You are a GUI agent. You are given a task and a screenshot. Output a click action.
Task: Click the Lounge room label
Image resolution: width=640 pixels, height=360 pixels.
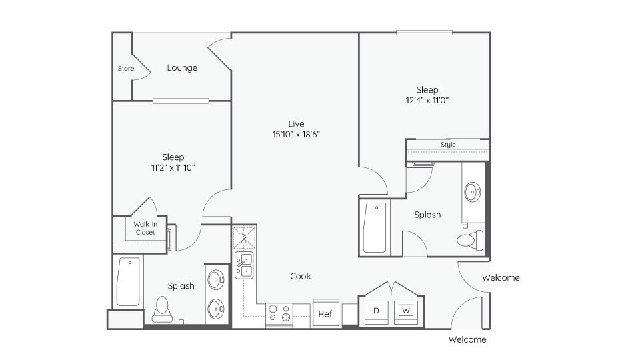182,68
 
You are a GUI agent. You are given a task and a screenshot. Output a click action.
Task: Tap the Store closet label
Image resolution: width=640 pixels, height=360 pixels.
126,69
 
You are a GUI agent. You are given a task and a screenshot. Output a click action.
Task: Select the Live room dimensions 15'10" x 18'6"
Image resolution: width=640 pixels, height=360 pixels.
296,134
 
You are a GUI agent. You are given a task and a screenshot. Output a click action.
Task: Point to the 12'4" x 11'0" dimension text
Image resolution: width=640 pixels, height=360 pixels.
427,101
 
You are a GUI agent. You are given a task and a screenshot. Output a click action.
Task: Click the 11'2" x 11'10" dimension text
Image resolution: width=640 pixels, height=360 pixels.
173,168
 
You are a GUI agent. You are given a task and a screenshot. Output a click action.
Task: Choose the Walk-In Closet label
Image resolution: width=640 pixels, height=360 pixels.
145,228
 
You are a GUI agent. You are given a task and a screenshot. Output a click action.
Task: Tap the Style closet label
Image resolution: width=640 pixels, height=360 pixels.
448,145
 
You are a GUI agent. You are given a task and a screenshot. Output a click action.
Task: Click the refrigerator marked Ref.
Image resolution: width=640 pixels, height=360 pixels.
326,313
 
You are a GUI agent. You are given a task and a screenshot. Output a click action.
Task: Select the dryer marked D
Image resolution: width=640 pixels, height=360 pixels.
376,312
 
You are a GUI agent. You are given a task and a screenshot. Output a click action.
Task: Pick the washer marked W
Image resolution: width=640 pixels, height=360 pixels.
406,312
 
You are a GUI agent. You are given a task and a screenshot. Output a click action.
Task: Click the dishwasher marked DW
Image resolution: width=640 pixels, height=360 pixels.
244,238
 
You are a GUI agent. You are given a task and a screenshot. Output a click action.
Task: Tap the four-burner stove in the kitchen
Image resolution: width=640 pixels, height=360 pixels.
279,314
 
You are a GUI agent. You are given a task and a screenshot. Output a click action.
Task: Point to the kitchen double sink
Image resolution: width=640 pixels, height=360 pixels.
244,265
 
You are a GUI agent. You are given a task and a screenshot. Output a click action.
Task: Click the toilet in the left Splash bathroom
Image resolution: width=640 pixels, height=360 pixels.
162,309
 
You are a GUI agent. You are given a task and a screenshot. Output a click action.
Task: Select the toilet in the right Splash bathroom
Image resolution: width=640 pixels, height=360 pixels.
470,240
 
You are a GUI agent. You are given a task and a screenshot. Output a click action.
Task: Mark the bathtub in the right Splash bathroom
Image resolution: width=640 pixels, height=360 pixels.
375,228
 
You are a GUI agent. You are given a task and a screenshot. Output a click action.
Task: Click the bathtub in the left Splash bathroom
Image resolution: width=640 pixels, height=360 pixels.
128,281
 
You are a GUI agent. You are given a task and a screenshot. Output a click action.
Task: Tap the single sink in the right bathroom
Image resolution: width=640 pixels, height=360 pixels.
472,192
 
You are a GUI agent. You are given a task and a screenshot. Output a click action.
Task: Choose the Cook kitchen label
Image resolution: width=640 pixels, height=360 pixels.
301,276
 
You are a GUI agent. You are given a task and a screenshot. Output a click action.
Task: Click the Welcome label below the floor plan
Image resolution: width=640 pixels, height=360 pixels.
467,339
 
